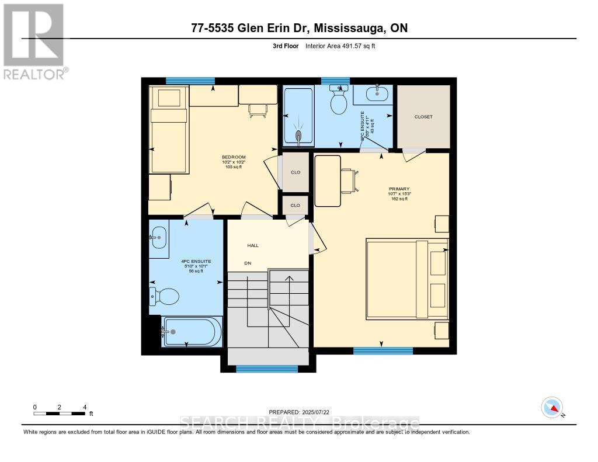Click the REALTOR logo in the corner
[33, 41]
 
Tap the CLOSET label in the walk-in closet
[423, 117]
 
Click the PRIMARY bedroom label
[399, 189]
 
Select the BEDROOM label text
[233, 157]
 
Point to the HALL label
[252, 245]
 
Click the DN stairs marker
[248, 263]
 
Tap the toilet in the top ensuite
[339, 100]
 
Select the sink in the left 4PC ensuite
[158, 238]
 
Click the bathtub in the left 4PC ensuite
[192, 332]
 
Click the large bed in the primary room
[407, 279]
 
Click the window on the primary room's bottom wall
[383, 351]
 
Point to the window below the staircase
[267, 369]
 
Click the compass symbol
[552, 407]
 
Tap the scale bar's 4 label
[85, 407]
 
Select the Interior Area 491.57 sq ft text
[340, 46]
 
